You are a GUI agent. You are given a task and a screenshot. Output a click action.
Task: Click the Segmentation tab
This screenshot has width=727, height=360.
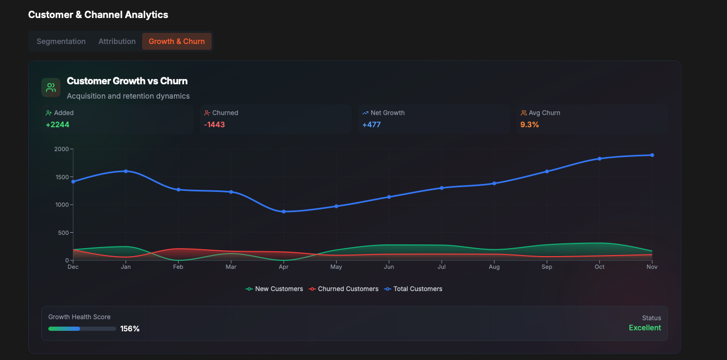click(x=61, y=41)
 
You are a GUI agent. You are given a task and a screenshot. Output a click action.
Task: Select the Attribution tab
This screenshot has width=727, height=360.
click(x=117, y=41)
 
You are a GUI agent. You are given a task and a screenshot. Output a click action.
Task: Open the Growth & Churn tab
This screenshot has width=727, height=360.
click(x=177, y=41)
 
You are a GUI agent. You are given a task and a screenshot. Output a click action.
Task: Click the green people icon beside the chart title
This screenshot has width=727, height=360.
click(x=51, y=87)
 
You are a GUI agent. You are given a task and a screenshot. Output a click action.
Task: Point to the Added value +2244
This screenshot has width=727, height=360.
click(x=58, y=125)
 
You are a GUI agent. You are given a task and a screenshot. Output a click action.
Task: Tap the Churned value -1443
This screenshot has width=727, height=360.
click(x=215, y=125)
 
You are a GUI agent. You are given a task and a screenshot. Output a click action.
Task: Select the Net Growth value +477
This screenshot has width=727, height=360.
click(x=371, y=125)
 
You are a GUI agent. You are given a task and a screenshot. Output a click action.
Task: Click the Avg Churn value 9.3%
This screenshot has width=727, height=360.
click(x=530, y=125)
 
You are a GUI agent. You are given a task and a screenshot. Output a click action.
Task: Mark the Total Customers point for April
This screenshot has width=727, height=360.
click(x=284, y=212)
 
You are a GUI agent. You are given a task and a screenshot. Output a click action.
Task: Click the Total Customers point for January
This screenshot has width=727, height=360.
click(x=126, y=171)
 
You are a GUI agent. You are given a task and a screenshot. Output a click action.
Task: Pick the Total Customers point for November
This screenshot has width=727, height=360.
click(x=652, y=155)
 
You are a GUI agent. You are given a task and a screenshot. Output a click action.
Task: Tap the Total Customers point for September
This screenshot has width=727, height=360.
click(x=547, y=171)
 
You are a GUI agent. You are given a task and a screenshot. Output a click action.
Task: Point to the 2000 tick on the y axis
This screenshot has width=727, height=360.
click(x=62, y=149)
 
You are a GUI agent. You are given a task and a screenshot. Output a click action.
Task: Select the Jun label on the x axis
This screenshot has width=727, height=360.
click(x=389, y=267)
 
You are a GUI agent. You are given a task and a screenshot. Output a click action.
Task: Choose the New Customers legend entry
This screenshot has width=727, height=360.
click(x=274, y=289)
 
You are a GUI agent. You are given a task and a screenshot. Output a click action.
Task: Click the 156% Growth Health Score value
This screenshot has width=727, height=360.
click(x=130, y=329)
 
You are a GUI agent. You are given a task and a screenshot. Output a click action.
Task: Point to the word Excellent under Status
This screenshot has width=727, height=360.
click(x=645, y=328)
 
